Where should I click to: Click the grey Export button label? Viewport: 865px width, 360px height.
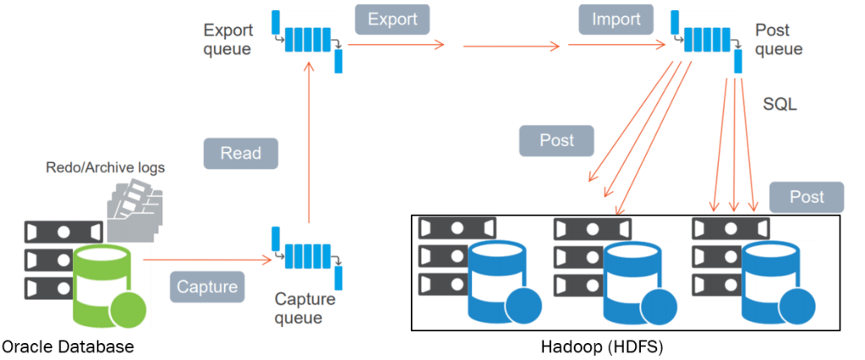click(392, 19)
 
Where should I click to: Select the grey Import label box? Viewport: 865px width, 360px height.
click(616, 19)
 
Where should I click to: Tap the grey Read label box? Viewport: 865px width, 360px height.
click(241, 153)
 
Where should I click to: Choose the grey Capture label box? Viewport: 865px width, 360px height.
click(207, 286)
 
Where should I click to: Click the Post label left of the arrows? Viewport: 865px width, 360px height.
click(556, 140)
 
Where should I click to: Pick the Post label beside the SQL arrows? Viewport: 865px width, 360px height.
click(807, 197)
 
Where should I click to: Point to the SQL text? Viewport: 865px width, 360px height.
click(780, 105)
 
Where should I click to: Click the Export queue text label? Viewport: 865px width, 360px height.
click(227, 40)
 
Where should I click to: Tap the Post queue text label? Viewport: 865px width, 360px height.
click(778, 40)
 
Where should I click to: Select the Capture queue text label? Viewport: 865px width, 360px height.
click(305, 308)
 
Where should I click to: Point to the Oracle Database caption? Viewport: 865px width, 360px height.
click(68, 346)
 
